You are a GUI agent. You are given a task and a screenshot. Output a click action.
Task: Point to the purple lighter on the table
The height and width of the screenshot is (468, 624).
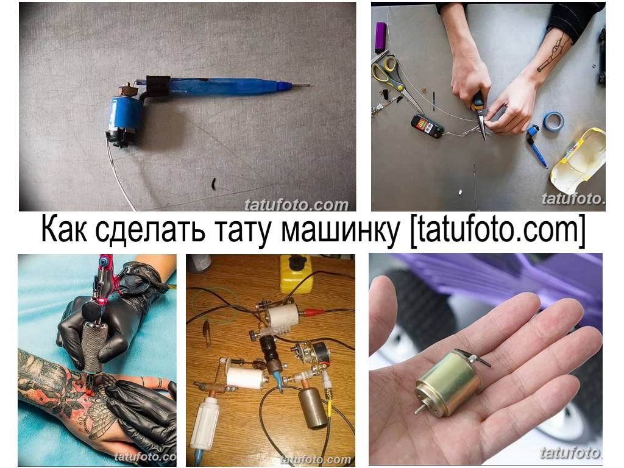point(380,36)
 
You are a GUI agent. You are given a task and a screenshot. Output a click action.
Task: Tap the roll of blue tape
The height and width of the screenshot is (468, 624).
point(553,121)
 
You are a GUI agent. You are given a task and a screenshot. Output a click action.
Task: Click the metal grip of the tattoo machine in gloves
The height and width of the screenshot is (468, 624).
point(94,347)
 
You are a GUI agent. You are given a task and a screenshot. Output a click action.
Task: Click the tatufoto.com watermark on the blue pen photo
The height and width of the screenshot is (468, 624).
point(296,205)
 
